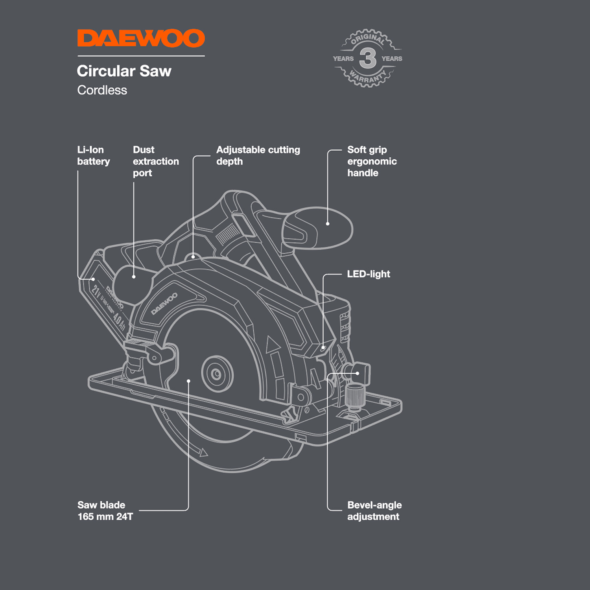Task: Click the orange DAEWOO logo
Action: (141, 39)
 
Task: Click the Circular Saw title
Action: (124, 71)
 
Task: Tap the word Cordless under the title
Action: (102, 90)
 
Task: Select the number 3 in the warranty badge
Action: (368, 58)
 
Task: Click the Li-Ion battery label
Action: (93, 155)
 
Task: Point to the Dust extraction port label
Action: (155, 161)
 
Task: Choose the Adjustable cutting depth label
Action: (258, 155)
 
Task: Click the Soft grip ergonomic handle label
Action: (372, 161)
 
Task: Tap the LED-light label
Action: (368, 274)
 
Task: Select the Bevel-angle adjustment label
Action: (374, 511)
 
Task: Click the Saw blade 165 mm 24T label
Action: (105, 511)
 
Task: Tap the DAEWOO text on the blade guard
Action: (164, 304)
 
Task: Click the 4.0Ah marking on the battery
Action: (119, 321)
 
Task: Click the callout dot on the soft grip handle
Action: (328, 224)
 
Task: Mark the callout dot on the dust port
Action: (134, 277)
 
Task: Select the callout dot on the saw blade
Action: (189, 381)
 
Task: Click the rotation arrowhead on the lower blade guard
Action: (203, 453)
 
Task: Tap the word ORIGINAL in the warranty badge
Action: (367, 39)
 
